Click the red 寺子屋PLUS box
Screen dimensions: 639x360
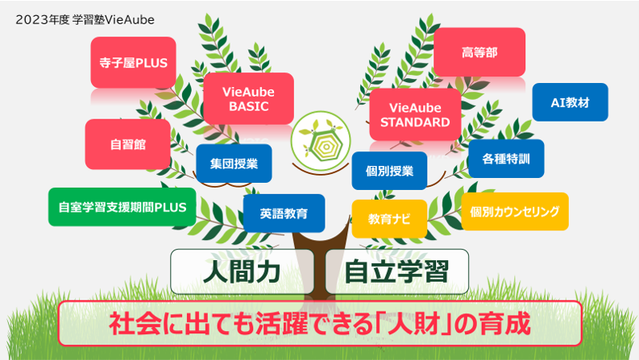click(x=133, y=62)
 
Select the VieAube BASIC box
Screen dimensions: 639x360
click(x=249, y=98)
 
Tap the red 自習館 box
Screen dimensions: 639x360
click(x=128, y=144)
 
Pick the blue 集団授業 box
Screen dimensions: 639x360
click(x=234, y=163)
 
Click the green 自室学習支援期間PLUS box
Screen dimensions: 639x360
click(x=122, y=207)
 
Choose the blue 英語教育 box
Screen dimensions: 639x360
click(x=284, y=213)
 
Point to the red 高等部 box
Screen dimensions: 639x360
click(x=479, y=52)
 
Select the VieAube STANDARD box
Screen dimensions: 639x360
click(x=415, y=115)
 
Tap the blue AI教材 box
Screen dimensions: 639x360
click(x=571, y=102)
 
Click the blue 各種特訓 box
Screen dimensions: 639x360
click(x=506, y=159)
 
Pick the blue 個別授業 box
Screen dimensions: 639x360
click(x=389, y=171)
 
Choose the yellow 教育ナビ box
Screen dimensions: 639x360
click(x=389, y=219)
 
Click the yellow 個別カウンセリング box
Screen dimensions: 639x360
click(x=515, y=211)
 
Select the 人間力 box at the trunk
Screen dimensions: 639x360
click(x=243, y=271)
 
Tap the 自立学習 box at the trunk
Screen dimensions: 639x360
click(x=397, y=271)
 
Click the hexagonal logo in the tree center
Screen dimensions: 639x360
click(x=321, y=141)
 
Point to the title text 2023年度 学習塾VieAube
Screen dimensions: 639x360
click(x=85, y=19)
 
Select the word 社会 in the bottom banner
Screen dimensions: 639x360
click(x=135, y=323)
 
